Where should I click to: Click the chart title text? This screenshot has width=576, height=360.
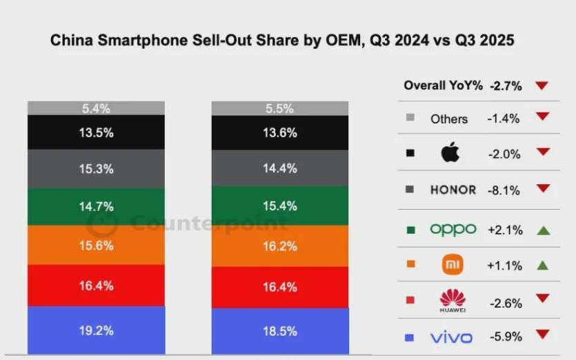pyautogui.click(x=282, y=41)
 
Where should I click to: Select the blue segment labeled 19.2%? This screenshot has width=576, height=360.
pyautogui.click(x=96, y=330)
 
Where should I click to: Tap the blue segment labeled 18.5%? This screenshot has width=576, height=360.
pyautogui.click(x=279, y=332)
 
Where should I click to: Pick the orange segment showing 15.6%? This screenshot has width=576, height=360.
pyautogui.click(x=96, y=245)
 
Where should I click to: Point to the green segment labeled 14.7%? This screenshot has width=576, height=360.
pyautogui.click(x=96, y=206)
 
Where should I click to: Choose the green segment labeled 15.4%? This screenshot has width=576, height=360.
pyautogui.click(x=279, y=206)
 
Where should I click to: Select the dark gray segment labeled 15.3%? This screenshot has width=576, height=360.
pyautogui.click(x=96, y=168)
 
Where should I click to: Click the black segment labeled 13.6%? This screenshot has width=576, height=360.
pyautogui.click(x=279, y=132)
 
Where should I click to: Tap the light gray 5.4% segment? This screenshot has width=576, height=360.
pyautogui.click(x=96, y=108)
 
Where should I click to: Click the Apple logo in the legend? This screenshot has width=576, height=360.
pyautogui.click(x=449, y=154)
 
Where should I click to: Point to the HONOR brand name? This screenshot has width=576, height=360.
pyautogui.click(x=453, y=190)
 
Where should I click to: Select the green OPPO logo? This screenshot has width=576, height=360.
pyautogui.click(x=453, y=230)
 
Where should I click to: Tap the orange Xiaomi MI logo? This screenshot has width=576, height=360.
pyautogui.click(x=453, y=264)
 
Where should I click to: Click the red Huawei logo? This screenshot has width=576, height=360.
pyautogui.click(x=453, y=300)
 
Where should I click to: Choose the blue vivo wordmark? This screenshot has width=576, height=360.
pyautogui.click(x=451, y=337)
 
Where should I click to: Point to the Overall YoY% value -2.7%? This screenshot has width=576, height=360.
pyautogui.click(x=506, y=86)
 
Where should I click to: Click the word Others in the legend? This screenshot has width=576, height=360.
pyautogui.click(x=449, y=119)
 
